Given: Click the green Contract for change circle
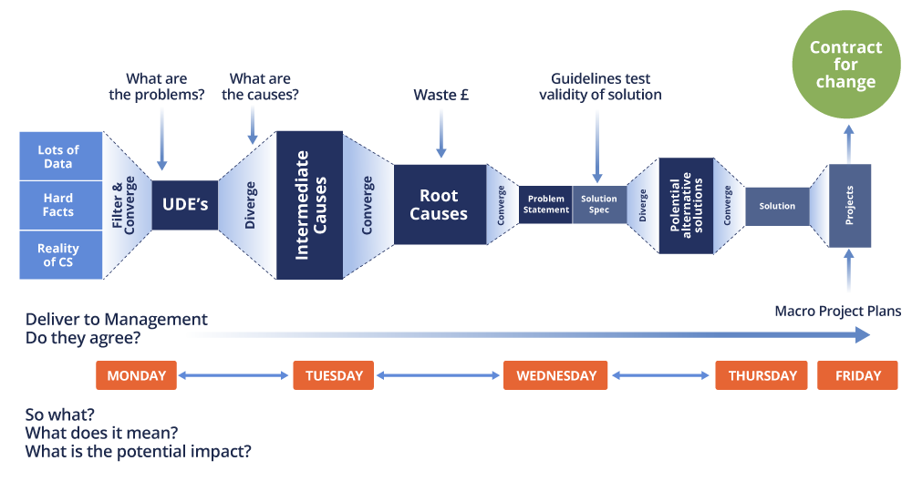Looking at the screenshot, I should click(845, 63).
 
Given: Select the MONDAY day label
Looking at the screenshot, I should click(136, 375).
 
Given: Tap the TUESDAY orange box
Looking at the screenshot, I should click(333, 375).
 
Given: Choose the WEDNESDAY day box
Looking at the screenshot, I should click(555, 375).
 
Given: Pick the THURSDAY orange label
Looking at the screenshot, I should click(762, 375).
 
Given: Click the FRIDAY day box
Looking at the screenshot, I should click(857, 375).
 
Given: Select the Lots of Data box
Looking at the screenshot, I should click(58, 156).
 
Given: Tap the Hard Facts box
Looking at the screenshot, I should click(58, 205).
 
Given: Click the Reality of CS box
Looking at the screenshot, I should click(58, 254).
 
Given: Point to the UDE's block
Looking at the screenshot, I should click(185, 205).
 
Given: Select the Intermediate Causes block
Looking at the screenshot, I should click(309, 205).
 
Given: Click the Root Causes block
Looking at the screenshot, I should click(439, 205).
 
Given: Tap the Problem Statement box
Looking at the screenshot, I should click(545, 205).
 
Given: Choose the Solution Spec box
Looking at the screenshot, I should click(599, 205).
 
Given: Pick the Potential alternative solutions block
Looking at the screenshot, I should click(685, 205).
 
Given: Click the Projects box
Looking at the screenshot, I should click(850, 205).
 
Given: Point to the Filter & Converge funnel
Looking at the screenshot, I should click(128, 205).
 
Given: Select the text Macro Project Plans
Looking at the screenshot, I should click(837, 312).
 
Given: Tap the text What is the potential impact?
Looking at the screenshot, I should click(138, 451).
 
